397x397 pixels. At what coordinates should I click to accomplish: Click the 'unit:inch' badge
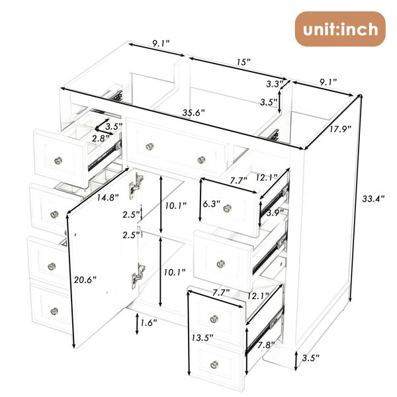[x=340, y=29]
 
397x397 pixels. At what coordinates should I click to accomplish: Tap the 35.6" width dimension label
[x=193, y=112]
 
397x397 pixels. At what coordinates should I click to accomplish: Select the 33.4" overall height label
[x=373, y=198]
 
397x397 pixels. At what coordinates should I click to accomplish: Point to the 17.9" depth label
[x=340, y=129]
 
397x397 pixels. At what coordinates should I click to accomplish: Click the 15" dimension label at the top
[x=243, y=62]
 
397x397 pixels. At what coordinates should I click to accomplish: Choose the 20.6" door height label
[x=85, y=280]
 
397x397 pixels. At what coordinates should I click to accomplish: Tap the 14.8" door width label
[x=108, y=197]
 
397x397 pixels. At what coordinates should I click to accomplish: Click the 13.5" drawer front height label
[x=202, y=337]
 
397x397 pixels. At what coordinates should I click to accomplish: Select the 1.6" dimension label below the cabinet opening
[x=149, y=323]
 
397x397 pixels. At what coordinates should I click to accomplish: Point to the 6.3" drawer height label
[x=212, y=204]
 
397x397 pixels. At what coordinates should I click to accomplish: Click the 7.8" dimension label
[x=267, y=345]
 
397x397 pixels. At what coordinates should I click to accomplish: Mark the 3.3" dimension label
[x=274, y=84]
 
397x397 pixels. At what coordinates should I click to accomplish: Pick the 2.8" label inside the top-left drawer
[x=101, y=138]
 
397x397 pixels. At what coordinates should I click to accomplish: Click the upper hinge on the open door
[x=135, y=185]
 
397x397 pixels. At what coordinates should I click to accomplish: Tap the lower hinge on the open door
[x=138, y=276]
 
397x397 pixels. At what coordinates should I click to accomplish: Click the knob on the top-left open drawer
[x=58, y=161]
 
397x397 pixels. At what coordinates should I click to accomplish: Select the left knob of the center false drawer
[x=150, y=146]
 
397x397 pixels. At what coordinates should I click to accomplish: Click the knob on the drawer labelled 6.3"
[x=228, y=208]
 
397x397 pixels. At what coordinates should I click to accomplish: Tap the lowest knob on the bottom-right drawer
[x=214, y=365]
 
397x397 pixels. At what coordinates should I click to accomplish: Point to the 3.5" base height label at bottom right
[x=311, y=358]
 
